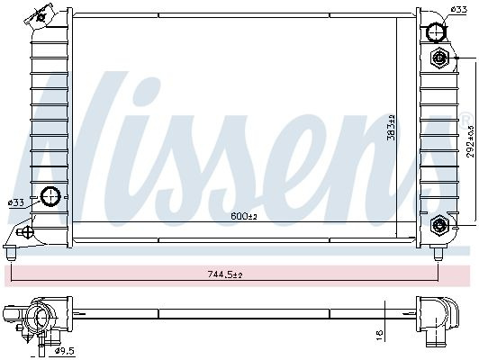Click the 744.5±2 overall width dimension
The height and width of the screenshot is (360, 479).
click(225, 274)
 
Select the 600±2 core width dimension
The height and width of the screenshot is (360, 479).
click(244, 217)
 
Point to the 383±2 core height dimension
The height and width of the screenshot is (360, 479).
click(391, 127)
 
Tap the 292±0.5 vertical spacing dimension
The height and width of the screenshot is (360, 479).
click(470, 141)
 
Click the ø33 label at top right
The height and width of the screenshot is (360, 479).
click(459, 10)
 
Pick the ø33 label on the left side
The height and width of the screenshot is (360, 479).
click(16, 202)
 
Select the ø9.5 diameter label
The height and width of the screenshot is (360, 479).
click(64, 352)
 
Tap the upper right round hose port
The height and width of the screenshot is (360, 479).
click(436, 31)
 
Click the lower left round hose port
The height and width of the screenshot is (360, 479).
click(50, 196)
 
